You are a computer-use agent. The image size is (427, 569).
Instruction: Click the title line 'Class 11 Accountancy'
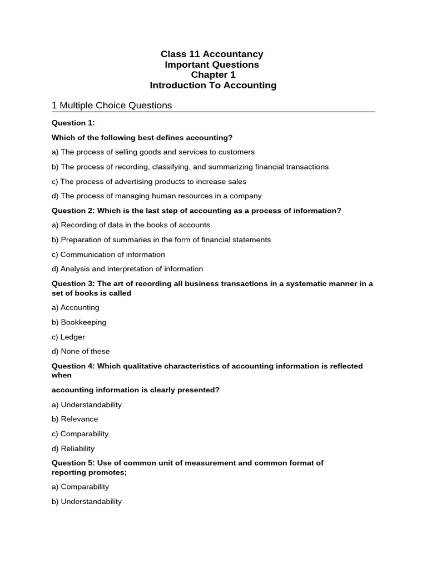click(212, 54)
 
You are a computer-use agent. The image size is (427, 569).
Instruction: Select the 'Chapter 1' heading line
click(213, 75)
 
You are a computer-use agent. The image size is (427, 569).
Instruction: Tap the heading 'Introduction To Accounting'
click(213, 86)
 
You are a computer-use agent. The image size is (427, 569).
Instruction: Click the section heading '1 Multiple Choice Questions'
click(112, 105)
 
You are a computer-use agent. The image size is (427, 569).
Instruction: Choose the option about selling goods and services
click(153, 152)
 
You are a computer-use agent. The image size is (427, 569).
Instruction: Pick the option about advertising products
click(149, 181)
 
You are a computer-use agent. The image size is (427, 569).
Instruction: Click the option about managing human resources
click(157, 196)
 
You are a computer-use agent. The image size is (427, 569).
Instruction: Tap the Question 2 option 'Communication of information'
click(108, 254)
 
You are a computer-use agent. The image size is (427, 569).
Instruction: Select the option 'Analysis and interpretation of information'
click(127, 269)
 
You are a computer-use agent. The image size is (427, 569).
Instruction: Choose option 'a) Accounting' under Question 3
click(76, 307)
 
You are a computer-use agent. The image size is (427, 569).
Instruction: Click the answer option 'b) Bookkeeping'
click(79, 322)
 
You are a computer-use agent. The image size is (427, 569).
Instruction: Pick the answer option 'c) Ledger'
click(68, 337)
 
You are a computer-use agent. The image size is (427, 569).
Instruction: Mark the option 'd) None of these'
click(81, 351)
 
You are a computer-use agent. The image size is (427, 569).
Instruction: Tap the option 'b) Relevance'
click(75, 419)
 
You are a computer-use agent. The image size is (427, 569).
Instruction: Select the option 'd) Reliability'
click(73, 448)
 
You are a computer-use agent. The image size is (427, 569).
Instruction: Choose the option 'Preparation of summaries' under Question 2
click(161, 239)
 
